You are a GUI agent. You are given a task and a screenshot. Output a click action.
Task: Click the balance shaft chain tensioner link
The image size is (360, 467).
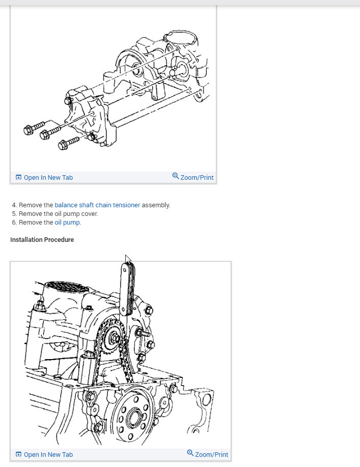click(x=97, y=205)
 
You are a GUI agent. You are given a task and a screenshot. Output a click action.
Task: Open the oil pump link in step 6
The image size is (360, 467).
click(x=67, y=223)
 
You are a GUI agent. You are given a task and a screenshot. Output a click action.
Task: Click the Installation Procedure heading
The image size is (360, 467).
click(x=42, y=240)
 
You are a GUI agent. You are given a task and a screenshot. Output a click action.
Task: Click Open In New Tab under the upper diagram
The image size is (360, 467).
click(x=48, y=178)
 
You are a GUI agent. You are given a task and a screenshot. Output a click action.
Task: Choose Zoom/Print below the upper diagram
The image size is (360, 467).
click(x=197, y=178)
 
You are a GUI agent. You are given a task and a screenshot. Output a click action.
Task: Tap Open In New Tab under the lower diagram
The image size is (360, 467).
click(x=48, y=455)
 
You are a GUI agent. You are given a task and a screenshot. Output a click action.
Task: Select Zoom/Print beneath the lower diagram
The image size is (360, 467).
click(x=211, y=455)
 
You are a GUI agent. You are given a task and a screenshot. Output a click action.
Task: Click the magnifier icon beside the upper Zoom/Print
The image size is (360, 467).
click(x=176, y=176)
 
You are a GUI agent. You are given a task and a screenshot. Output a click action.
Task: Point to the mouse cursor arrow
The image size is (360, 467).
click(x=127, y=259)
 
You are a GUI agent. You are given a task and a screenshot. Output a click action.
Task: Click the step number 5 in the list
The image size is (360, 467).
click(x=14, y=214)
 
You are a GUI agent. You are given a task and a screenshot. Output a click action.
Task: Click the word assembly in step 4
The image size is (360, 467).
click(x=156, y=205)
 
